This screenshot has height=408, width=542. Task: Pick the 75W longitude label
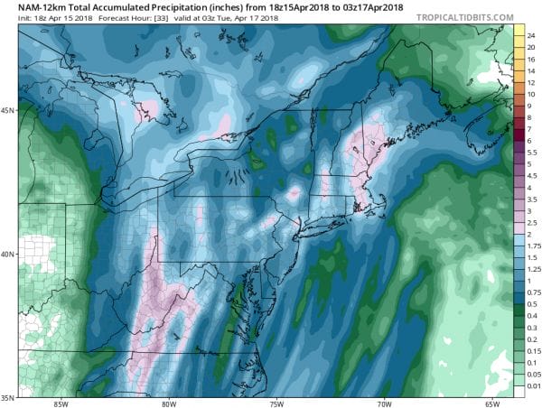(277, 403)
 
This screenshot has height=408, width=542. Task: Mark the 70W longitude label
(384, 403)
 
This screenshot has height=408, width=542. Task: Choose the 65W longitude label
(491, 403)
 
